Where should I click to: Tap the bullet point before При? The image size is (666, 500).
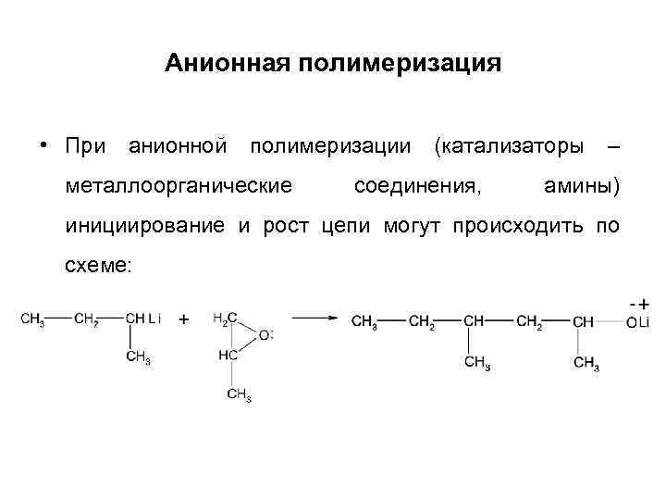tap(43, 147)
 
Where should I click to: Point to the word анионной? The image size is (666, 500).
tap(177, 146)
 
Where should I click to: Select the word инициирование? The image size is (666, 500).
tap(144, 227)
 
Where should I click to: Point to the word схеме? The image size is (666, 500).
tap(100, 267)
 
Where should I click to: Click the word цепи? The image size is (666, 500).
tap(346, 227)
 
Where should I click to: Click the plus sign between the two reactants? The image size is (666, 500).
tap(183, 319)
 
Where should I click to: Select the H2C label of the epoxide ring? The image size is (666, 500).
tap(223, 319)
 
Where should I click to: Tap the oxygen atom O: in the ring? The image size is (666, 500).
tap(266, 335)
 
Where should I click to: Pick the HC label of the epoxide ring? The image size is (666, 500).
tap(226, 355)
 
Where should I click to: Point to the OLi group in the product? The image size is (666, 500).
tap(638, 320)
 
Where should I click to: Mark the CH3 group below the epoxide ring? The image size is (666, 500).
tap(238, 395)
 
